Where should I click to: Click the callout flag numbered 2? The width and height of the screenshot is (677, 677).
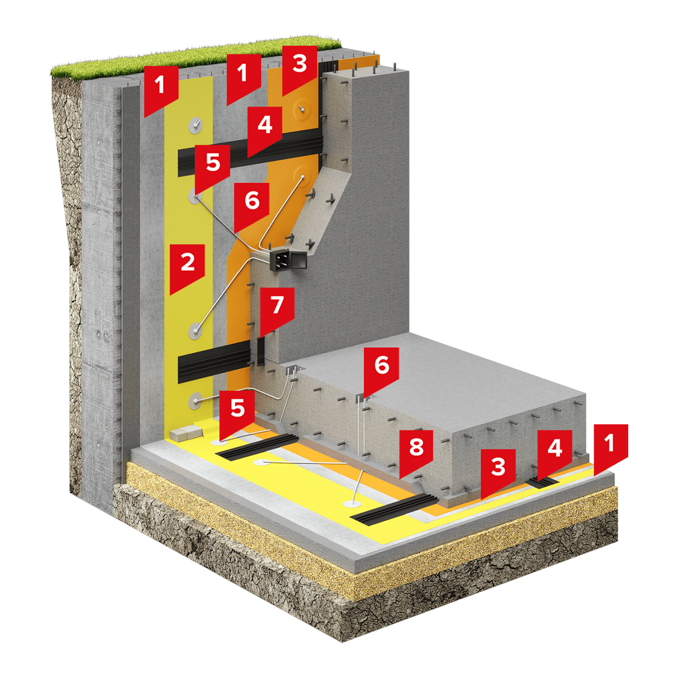[187, 266]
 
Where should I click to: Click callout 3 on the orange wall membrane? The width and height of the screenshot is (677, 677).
[300, 68]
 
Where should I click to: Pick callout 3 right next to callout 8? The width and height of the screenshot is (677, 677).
[498, 471]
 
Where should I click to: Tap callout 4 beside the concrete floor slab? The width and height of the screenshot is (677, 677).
[555, 452]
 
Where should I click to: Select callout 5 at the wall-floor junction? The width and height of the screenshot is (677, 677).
[237, 413]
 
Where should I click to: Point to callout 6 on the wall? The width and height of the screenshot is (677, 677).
[252, 205]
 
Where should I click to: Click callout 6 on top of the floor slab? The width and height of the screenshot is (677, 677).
[381, 370]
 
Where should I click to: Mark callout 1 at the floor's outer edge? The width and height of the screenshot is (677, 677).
[610, 447]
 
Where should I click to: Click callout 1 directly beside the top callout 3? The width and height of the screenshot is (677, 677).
[243, 77]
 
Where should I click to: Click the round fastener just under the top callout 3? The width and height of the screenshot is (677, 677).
[302, 109]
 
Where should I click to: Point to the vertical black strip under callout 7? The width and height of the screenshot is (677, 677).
[261, 350]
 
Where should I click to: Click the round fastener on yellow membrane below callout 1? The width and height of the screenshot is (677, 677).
[196, 126]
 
